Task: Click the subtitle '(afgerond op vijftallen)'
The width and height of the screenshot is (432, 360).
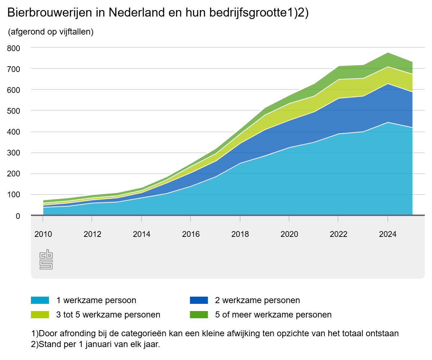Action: tap(50, 32)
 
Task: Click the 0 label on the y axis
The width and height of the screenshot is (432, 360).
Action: tap(18, 216)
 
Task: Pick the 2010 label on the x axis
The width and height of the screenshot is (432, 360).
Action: tap(43, 234)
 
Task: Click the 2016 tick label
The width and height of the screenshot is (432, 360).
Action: tap(191, 234)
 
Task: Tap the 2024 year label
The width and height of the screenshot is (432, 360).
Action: tap(388, 234)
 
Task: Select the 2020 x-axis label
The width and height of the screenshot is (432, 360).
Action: tap(289, 234)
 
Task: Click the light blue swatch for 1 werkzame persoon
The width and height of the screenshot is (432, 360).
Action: tap(40, 300)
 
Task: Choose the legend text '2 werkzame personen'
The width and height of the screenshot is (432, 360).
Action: tap(257, 300)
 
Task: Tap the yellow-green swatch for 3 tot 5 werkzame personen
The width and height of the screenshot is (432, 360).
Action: tap(40, 315)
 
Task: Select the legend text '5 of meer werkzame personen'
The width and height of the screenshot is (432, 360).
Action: tap(273, 315)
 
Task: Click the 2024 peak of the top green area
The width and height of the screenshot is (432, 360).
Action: tap(388, 53)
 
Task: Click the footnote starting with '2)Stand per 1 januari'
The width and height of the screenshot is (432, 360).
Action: tap(96, 344)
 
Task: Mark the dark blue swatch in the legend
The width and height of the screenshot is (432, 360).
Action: tap(199, 300)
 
